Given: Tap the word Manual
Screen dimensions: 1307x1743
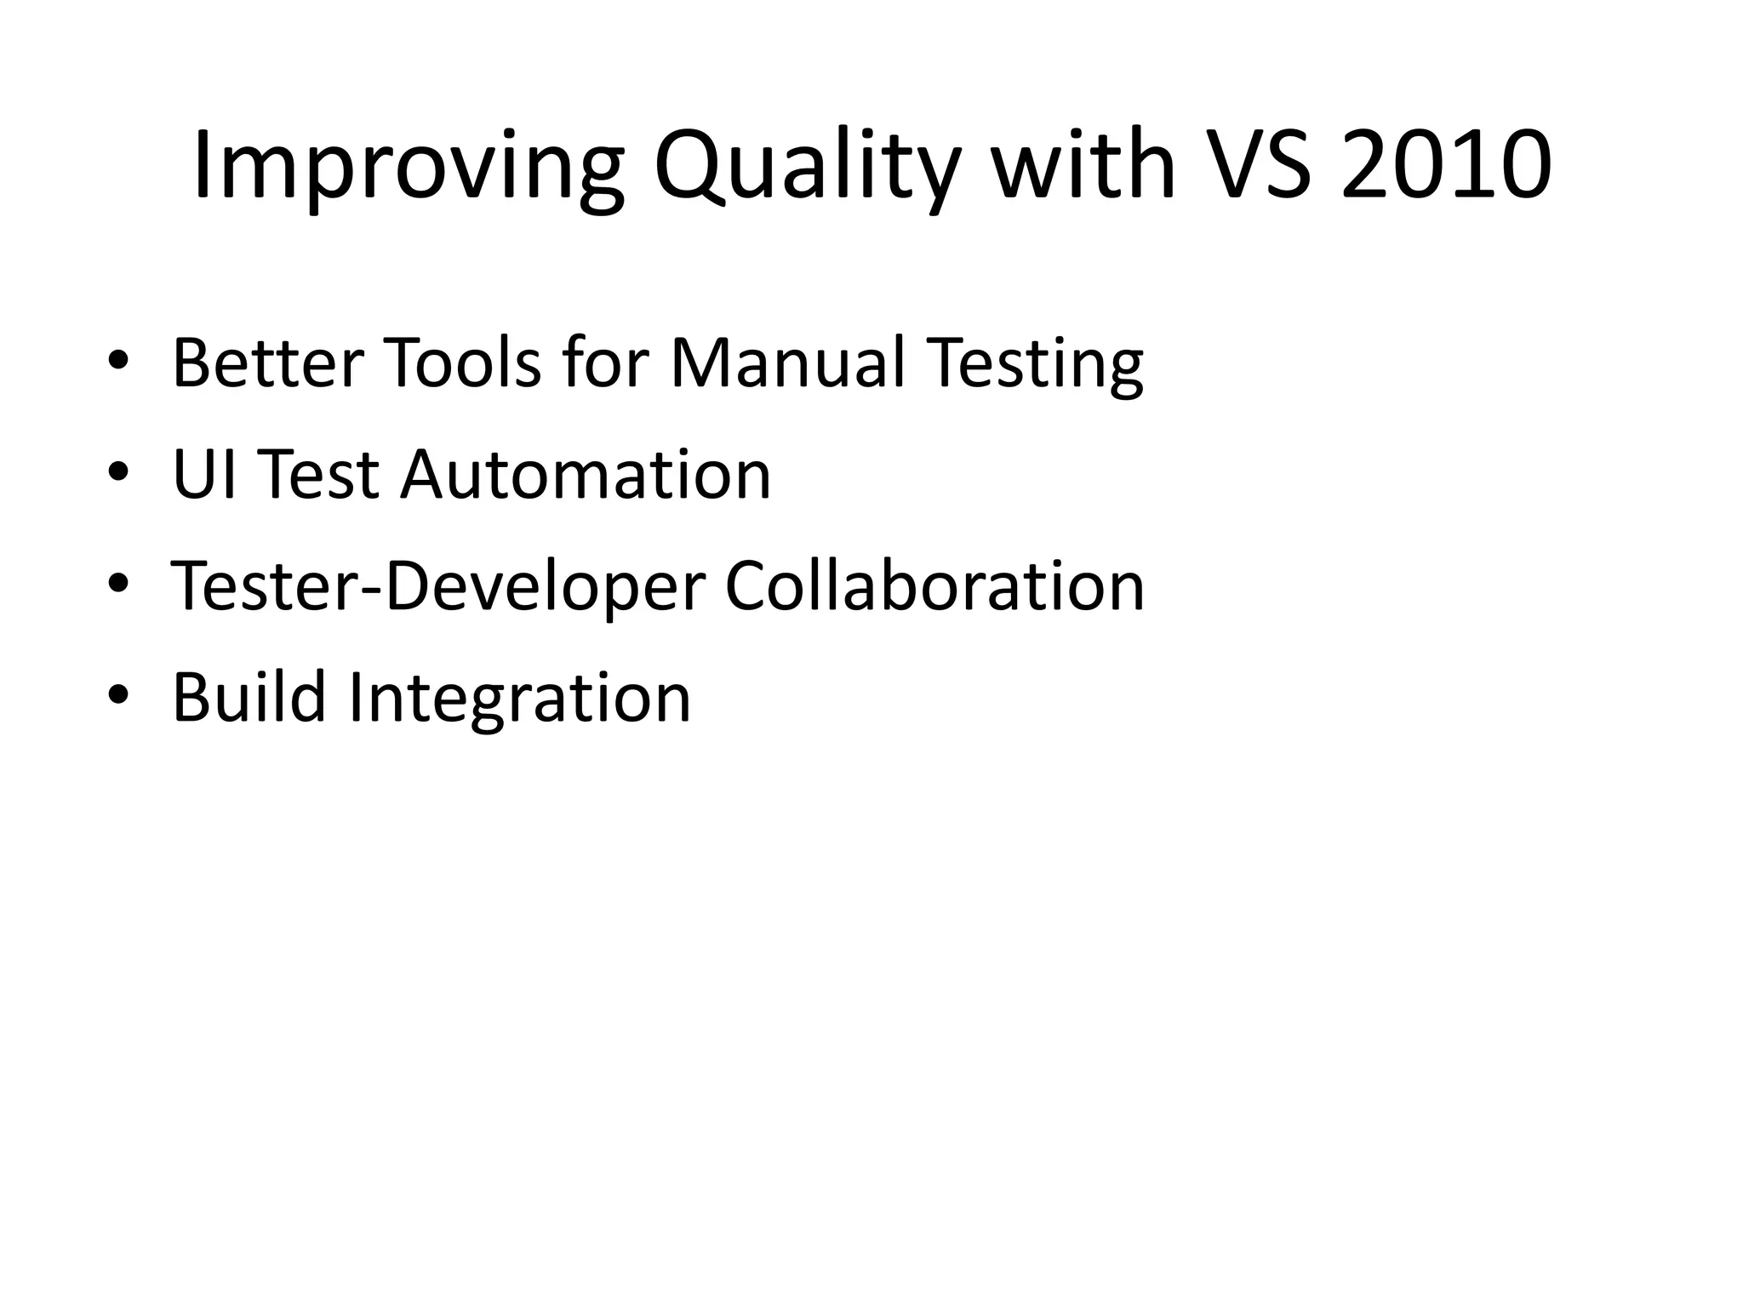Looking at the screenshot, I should point(787,363).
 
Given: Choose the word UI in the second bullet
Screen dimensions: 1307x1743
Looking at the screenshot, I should point(203,475).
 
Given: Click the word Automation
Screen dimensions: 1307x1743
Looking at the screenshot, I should point(586,475).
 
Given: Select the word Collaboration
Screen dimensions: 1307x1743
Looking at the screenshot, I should point(934,587).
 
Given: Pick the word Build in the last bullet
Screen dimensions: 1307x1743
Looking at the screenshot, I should point(249,698).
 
